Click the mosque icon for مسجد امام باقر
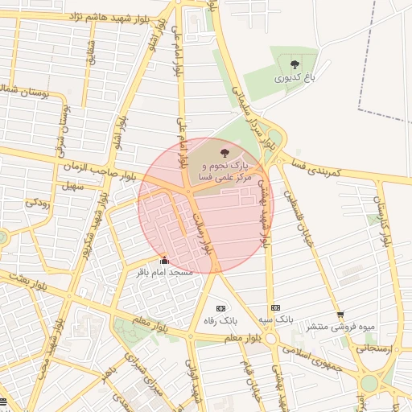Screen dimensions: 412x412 [165, 261]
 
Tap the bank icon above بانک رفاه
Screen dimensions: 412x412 [220, 308]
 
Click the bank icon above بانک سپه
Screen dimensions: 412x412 [275, 308]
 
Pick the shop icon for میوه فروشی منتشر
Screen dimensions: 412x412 [340, 315]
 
